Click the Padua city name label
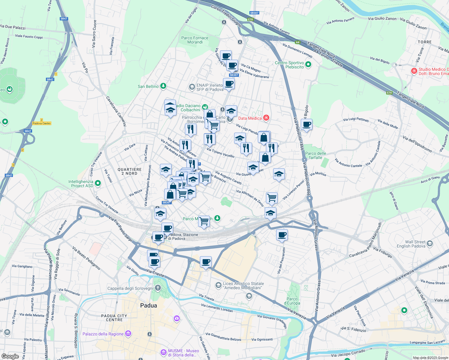(x=149, y=305)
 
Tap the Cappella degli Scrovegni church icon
(x=158, y=288)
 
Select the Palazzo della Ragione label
(x=103, y=334)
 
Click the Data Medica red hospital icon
(x=266, y=118)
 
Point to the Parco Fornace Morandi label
(x=195, y=40)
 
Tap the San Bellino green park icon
(x=163, y=86)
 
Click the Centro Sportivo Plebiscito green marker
(x=308, y=64)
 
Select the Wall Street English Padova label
(x=415, y=244)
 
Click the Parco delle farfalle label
(x=315, y=155)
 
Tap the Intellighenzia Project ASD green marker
(x=98, y=183)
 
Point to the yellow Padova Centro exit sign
(x=42, y=123)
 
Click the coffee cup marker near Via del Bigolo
(x=306, y=124)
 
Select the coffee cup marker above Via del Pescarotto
(x=282, y=235)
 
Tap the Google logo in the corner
(x=10, y=356)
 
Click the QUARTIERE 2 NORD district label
(x=130, y=171)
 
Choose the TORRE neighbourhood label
(x=424, y=42)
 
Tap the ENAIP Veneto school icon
(x=192, y=87)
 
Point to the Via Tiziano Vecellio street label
(x=221, y=153)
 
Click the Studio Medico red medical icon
(x=414, y=71)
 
